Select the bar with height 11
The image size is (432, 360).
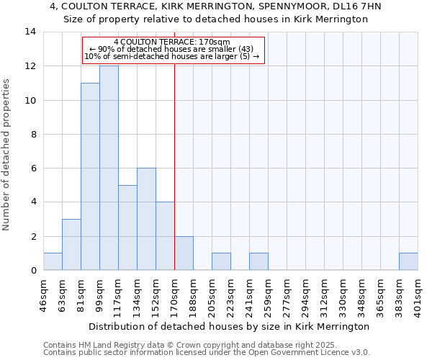coord(90,176)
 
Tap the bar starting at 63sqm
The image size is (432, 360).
coord(71,245)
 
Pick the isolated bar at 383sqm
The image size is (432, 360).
coord(408,262)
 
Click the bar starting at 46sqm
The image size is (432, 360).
coord(53,262)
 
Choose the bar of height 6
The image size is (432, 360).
coord(146,219)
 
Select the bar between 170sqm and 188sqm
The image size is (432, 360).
coord(184,253)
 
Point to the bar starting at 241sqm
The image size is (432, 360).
coord(258,262)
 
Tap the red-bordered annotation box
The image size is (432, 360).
coord(174,50)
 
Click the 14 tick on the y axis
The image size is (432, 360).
coord(30,32)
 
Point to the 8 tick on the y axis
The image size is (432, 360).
coord(32,134)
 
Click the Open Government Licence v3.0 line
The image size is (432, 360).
coord(207,353)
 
